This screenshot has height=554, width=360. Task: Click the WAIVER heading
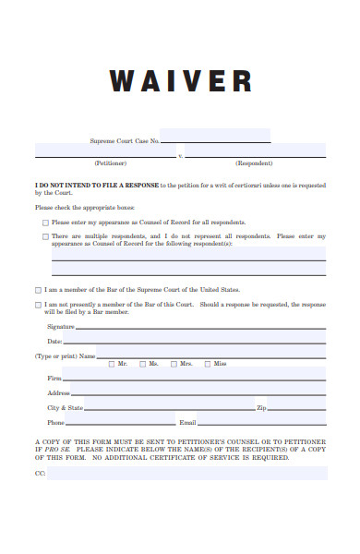(180, 81)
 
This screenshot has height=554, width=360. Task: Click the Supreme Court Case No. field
(215, 136)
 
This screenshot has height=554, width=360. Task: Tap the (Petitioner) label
(111, 163)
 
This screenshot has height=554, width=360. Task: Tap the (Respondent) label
(254, 163)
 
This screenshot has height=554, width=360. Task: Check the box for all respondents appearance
(46, 223)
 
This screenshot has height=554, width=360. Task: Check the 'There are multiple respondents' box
(46, 236)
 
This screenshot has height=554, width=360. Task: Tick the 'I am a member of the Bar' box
(38, 289)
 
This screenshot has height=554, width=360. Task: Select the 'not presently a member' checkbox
(38, 304)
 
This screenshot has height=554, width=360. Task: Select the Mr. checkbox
(112, 364)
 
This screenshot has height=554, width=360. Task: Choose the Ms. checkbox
(142, 364)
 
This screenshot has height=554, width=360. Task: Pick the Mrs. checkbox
(174, 364)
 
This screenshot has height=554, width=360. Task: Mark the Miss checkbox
(207, 364)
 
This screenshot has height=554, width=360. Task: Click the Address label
(59, 393)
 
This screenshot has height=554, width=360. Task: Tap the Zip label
(261, 407)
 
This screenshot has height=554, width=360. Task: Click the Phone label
(55, 422)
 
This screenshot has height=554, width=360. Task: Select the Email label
(187, 422)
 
